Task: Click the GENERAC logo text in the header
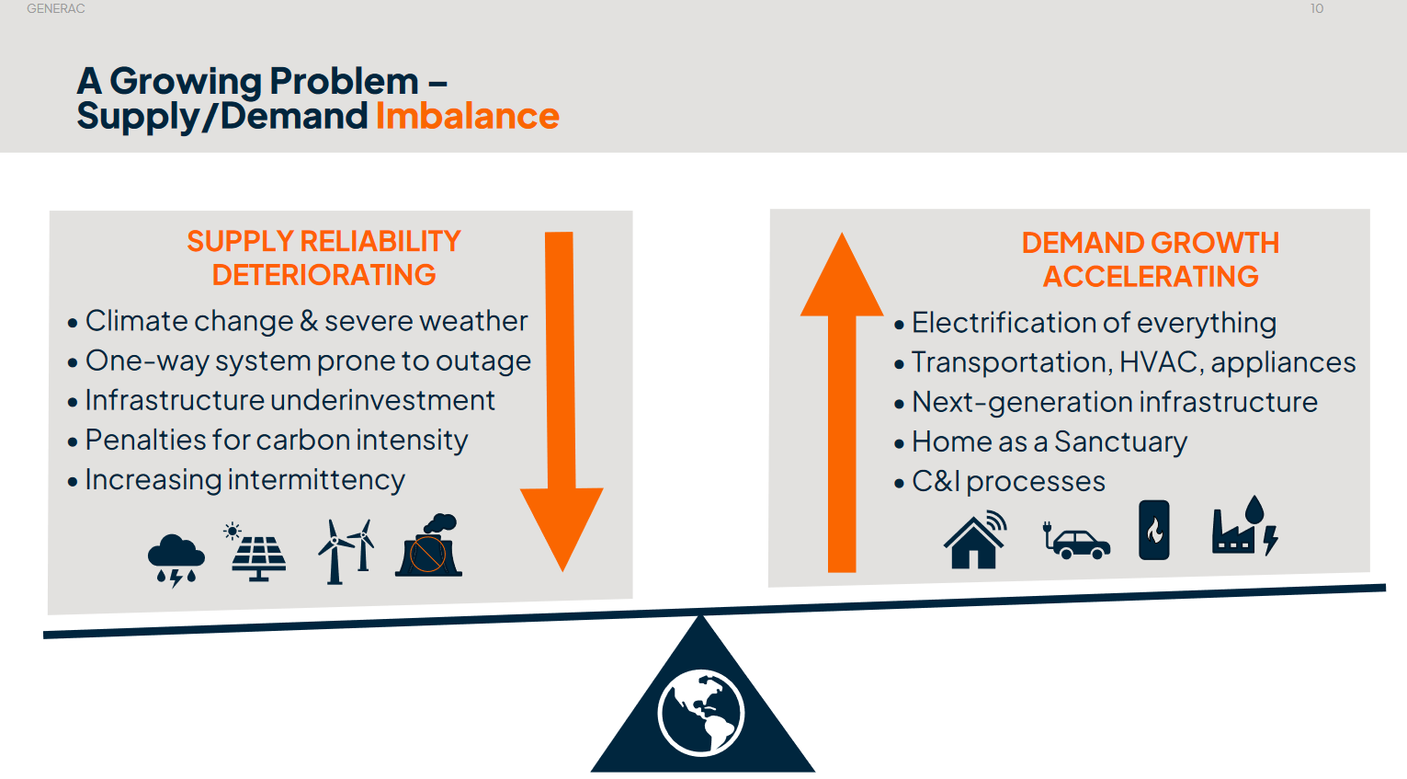(56, 9)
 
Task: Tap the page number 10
(1317, 9)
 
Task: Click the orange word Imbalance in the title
(468, 116)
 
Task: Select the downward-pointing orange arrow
(561, 401)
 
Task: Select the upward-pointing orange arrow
(842, 403)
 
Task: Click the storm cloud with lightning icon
(176, 560)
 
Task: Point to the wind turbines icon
(346, 552)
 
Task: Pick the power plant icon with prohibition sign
(429, 545)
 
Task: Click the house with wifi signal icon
(975, 540)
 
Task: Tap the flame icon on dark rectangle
(1154, 530)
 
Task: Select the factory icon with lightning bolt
(1245, 526)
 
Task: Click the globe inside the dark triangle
(701, 713)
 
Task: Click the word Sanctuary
(1120, 442)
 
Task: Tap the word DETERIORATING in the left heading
(323, 275)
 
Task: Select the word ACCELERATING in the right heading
(1151, 277)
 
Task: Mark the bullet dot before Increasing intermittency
(73, 482)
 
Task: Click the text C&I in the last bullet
(937, 482)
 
